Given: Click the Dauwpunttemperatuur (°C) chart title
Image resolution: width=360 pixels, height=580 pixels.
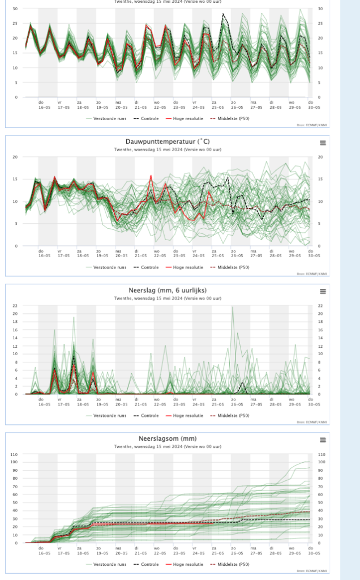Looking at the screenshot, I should tap(167, 141).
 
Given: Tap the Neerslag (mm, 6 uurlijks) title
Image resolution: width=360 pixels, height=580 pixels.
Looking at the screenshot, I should tap(167, 291).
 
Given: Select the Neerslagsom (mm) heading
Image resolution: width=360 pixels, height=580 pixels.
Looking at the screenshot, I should tap(167, 439).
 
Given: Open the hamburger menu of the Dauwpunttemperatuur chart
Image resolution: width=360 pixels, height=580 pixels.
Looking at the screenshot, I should tap(323, 143).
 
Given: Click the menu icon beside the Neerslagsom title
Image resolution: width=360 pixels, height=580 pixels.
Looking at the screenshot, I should tap(323, 440).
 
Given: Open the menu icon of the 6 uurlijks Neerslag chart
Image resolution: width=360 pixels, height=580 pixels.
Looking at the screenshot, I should tap(323, 291).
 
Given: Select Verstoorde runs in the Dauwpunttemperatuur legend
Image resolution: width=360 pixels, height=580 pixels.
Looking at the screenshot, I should tap(110, 267).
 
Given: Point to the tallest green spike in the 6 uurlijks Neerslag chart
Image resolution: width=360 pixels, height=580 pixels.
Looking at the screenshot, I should tap(232, 307).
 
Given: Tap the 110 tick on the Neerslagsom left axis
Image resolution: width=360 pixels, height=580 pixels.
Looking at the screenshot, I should tap(14, 454).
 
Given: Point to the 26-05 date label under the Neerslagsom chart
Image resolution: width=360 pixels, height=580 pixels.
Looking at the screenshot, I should tap(236, 553).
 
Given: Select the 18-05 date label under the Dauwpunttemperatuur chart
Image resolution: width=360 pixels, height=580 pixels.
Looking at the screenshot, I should tap(83, 256).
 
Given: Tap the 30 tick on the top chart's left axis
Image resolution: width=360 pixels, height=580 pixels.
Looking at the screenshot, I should tap(15, 9).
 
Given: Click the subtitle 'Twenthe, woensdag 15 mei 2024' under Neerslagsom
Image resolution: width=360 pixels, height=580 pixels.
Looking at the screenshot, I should tap(167, 447).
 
